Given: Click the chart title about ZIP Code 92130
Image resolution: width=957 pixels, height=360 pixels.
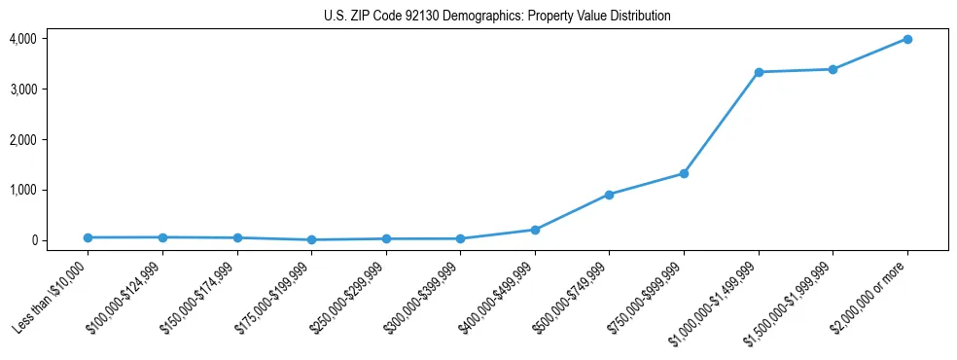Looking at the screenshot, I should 497,16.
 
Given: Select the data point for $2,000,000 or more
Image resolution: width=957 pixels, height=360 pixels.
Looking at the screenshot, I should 906,39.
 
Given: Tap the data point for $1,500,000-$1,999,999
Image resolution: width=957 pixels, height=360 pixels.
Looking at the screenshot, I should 833,69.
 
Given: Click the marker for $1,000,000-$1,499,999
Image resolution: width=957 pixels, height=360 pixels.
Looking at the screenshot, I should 758,72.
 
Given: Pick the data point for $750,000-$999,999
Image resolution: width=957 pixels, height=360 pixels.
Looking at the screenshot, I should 684,173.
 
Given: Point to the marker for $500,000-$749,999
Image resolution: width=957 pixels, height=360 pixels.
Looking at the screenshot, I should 609,195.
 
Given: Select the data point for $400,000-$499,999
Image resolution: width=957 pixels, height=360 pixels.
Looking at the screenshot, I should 534,230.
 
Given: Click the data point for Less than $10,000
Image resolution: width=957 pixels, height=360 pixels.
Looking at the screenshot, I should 88,237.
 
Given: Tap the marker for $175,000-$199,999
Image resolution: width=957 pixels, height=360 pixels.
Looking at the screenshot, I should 311,239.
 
